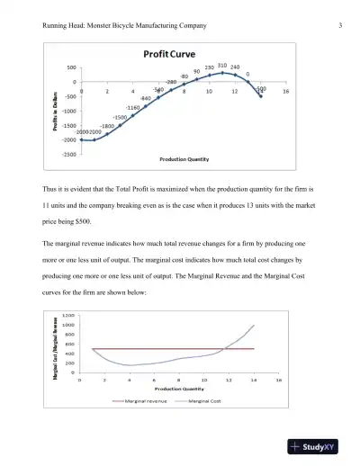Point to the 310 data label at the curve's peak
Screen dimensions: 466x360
click(x=221, y=66)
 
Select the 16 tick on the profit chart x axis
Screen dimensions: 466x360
click(x=285, y=91)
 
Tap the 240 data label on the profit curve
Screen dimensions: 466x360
click(x=235, y=67)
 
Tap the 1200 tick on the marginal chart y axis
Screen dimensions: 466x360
click(x=68, y=316)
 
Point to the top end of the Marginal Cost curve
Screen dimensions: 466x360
click(x=255, y=325)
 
